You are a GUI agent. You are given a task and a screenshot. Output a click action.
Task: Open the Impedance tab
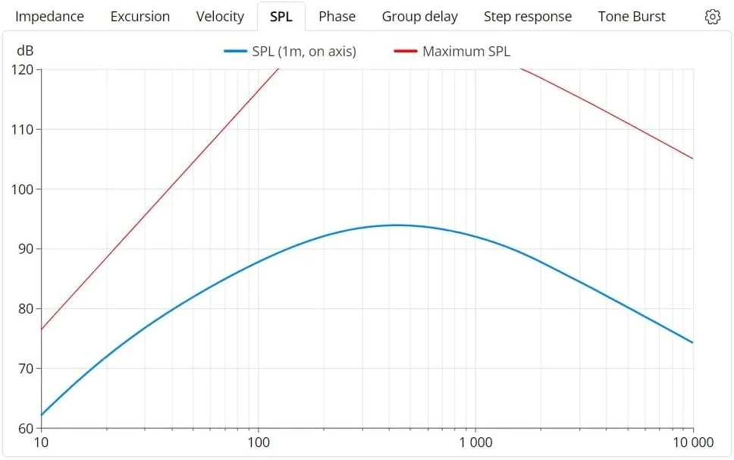coord(49,17)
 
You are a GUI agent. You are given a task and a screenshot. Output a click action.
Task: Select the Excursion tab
coord(140,17)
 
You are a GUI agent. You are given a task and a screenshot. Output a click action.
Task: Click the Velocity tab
coord(220,17)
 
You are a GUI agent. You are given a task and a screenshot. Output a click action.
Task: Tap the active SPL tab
coord(281,17)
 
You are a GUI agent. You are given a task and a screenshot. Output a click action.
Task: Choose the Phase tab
coord(337,17)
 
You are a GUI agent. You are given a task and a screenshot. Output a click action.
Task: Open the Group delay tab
coord(419,17)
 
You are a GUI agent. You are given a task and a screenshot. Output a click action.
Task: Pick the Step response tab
coord(528,17)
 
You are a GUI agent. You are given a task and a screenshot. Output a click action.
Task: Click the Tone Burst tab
coord(632,17)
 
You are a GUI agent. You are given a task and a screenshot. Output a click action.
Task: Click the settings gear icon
coord(712,17)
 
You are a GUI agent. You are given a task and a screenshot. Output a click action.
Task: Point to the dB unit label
coord(25,52)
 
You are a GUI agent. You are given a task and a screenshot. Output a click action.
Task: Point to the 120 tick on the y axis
coord(24,70)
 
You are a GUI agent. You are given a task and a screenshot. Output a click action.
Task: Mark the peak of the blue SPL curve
coord(396,225)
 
